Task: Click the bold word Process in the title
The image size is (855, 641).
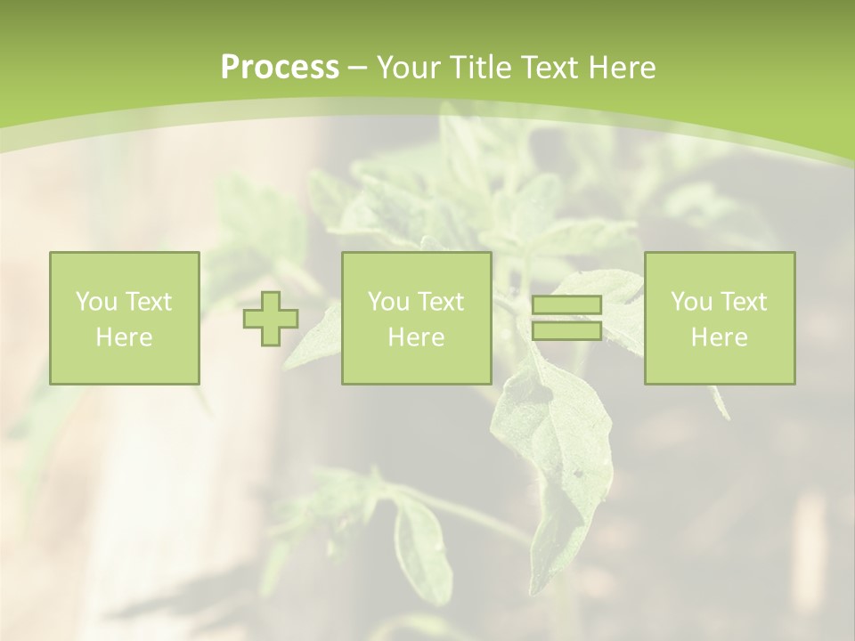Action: (280, 68)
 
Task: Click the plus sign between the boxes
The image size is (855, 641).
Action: (271, 319)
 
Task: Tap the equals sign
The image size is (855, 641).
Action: (566, 318)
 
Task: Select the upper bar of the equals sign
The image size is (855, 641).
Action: (566, 305)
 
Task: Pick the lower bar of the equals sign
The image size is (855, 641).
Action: (566, 330)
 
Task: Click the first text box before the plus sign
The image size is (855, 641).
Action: (125, 318)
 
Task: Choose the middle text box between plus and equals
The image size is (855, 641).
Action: (416, 318)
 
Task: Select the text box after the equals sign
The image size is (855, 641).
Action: (720, 318)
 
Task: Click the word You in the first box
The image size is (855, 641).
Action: (95, 302)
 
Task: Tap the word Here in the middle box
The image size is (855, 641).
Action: (416, 337)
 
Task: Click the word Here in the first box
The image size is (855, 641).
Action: (125, 337)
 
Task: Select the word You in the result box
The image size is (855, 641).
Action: (690, 302)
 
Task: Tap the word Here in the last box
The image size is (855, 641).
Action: (720, 337)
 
